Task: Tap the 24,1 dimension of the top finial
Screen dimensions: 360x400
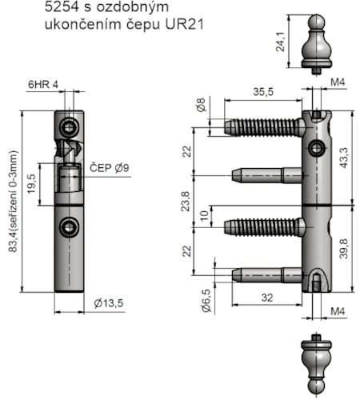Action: click(x=280, y=42)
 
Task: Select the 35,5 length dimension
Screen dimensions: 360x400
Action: click(x=263, y=92)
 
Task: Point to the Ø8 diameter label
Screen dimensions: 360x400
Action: click(x=202, y=105)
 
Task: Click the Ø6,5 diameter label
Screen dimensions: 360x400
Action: click(x=206, y=301)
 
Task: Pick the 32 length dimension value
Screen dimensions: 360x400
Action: click(x=267, y=298)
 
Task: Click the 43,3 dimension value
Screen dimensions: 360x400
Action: click(x=344, y=158)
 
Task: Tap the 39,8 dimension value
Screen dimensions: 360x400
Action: click(x=344, y=249)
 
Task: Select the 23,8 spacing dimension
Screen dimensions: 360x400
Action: click(x=186, y=202)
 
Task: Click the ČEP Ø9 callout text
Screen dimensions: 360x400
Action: click(x=110, y=168)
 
